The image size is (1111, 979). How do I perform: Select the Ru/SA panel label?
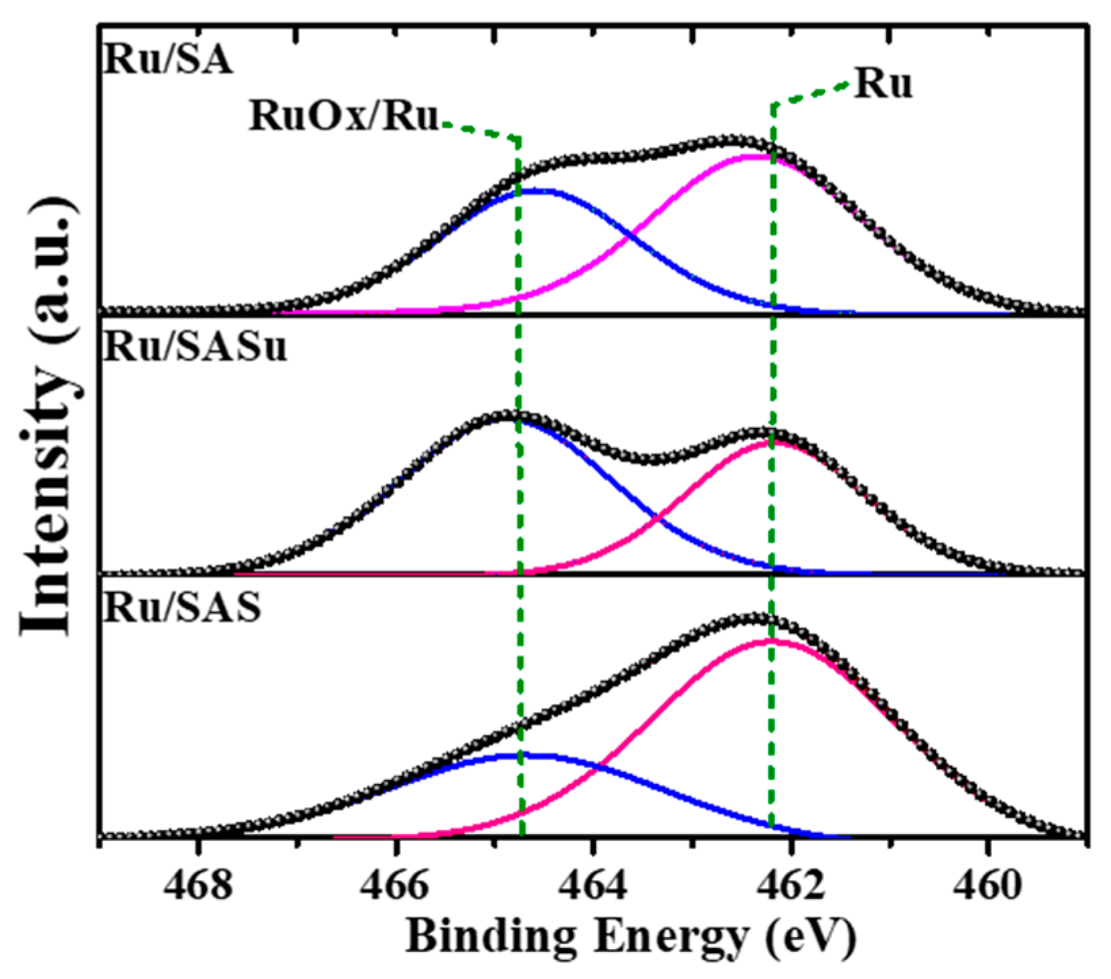[168, 60]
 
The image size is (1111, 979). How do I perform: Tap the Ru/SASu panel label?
[195, 348]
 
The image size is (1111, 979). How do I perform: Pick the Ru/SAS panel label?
[182, 607]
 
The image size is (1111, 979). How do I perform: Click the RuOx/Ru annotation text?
[344, 116]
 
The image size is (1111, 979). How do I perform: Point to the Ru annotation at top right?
[883, 85]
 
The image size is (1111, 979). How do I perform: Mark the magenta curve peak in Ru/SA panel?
[752, 156]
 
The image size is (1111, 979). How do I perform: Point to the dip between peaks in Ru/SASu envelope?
[654, 459]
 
